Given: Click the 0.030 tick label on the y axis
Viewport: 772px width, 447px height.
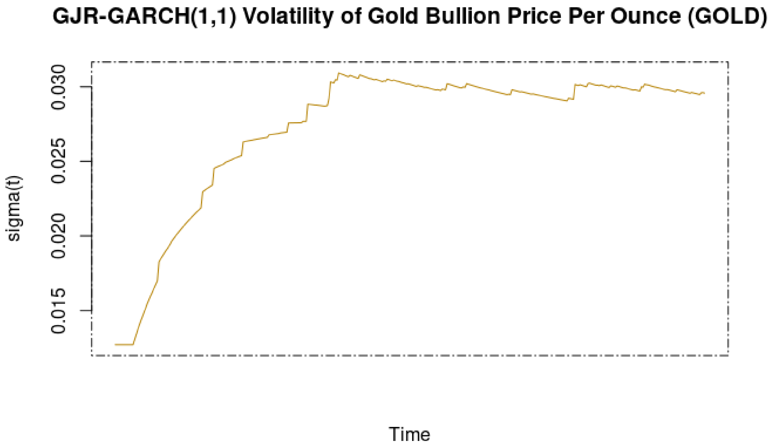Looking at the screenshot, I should (x=58, y=87).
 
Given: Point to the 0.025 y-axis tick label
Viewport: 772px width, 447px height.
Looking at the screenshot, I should (x=58, y=162).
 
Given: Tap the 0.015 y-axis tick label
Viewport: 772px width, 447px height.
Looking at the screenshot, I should (x=58, y=311).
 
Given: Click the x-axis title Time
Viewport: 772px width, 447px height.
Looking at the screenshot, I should (x=409, y=434).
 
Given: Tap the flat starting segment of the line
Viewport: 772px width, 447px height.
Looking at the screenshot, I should (x=124, y=344).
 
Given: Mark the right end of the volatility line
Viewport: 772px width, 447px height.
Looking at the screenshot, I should (x=704, y=93).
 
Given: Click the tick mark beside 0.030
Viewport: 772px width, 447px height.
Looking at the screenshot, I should (x=87, y=87).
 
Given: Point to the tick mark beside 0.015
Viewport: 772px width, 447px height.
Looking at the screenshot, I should (x=87, y=311).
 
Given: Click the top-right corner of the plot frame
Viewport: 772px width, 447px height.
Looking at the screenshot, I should (x=728, y=62).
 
